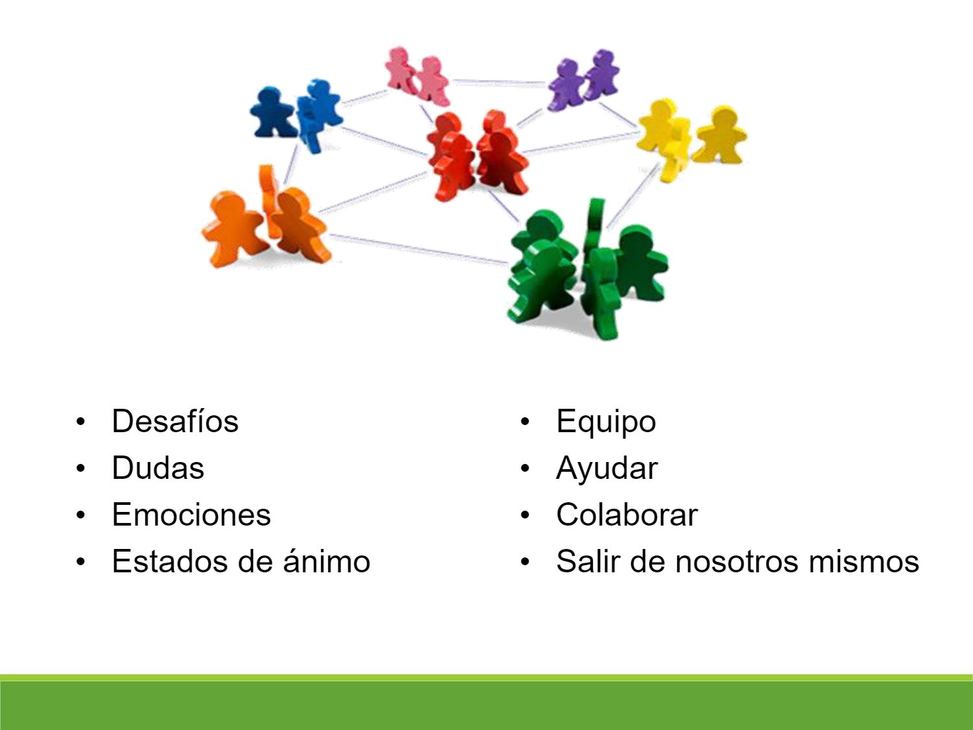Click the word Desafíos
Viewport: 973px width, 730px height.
point(175,420)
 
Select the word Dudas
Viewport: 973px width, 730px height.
point(158,468)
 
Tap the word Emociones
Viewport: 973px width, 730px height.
point(191,515)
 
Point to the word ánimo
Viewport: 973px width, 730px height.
point(327,561)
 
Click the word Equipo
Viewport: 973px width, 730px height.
point(606,422)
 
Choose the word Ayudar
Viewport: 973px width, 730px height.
point(607,469)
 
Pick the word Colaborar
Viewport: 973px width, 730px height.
point(627,515)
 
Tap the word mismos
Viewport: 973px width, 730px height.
point(863,561)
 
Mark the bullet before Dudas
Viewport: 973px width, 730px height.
point(80,468)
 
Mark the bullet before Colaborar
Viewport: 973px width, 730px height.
point(525,515)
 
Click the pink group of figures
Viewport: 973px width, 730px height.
point(417,76)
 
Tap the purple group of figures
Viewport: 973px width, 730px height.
point(583,80)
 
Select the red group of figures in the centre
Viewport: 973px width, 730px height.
point(478,155)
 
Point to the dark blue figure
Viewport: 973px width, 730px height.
point(272,112)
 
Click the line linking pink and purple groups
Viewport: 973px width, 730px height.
point(499,82)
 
